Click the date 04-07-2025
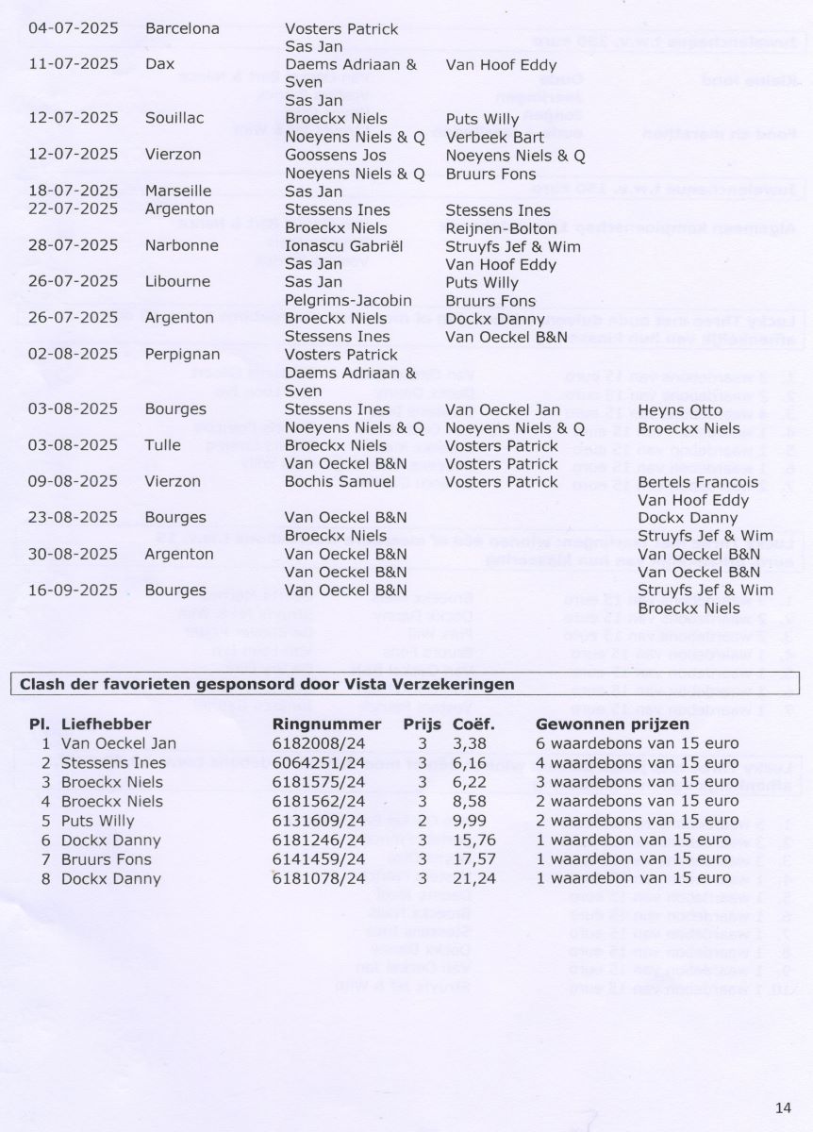[74, 28]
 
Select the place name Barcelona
[182, 28]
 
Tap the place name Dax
[159, 65]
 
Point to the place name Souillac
[174, 119]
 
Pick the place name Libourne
[177, 282]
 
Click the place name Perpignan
[184, 354]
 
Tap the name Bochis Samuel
[340, 482]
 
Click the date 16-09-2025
[74, 591]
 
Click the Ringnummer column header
[326, 724]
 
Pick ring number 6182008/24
[317, 743]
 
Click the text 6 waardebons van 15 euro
[637, 743]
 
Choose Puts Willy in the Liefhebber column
[97, 821]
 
